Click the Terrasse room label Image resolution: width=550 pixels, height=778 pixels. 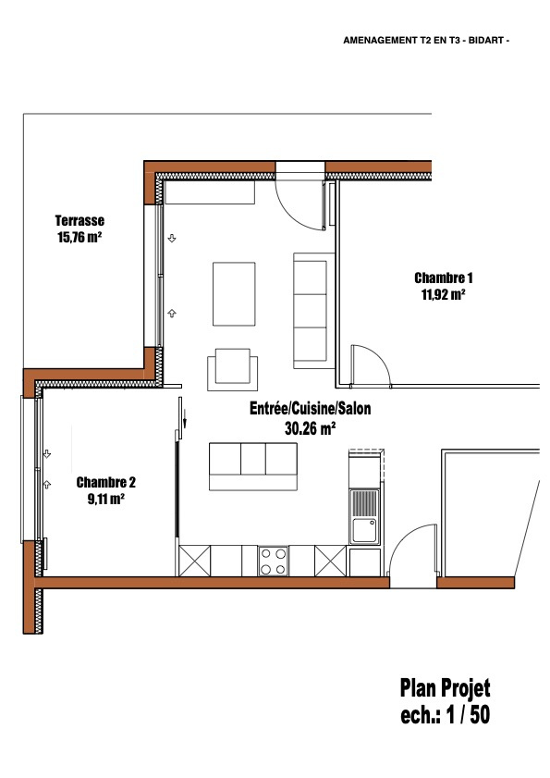79,220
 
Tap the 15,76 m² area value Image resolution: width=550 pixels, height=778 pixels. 79,237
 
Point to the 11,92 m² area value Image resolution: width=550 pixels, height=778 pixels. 443,295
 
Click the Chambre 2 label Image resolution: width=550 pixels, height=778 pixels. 105,482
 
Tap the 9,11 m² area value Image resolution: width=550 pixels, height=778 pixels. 105,499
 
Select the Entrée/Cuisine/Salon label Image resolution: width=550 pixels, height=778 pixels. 310,408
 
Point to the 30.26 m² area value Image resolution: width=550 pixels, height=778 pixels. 310,427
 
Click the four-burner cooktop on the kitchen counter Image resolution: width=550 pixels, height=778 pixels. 273,561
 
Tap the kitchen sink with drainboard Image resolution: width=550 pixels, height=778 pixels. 364,516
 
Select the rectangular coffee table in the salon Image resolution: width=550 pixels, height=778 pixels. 234,294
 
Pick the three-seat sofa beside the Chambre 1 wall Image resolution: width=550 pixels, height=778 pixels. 313,311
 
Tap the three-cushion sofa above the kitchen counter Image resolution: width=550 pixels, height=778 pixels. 253,466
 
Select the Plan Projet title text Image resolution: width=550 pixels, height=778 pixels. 445,688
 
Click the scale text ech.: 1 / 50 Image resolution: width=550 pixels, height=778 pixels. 445,714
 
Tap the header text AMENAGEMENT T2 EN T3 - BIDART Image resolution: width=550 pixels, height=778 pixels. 426,41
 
